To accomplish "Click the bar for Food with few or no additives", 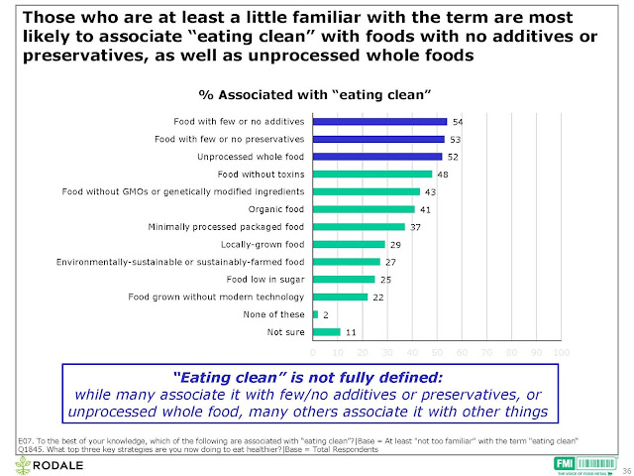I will (380, 122).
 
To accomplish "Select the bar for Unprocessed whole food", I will (377, 157).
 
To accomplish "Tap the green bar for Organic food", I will (364, 209).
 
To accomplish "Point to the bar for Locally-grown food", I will (349, 244).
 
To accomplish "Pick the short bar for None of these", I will (315, 314).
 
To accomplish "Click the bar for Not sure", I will (326, 331).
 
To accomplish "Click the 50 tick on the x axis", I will (437, 352).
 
